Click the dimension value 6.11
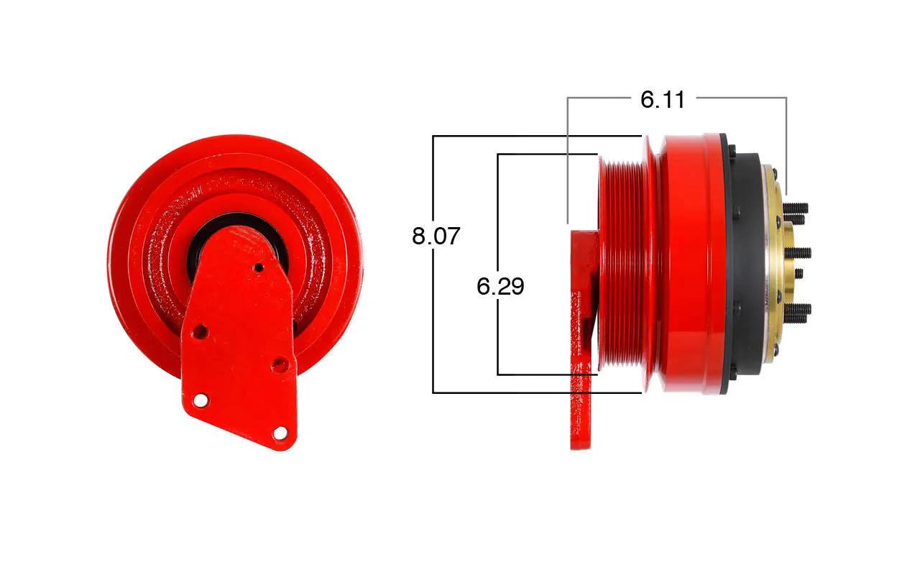click(x=663, y=100)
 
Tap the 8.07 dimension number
click(x=436, y=236)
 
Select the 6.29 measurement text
click(x=500, y=286)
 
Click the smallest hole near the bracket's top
click(x=259, y=268)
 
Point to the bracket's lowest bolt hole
click(x=280, y=433)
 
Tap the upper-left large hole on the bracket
click(x=200, y=331)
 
